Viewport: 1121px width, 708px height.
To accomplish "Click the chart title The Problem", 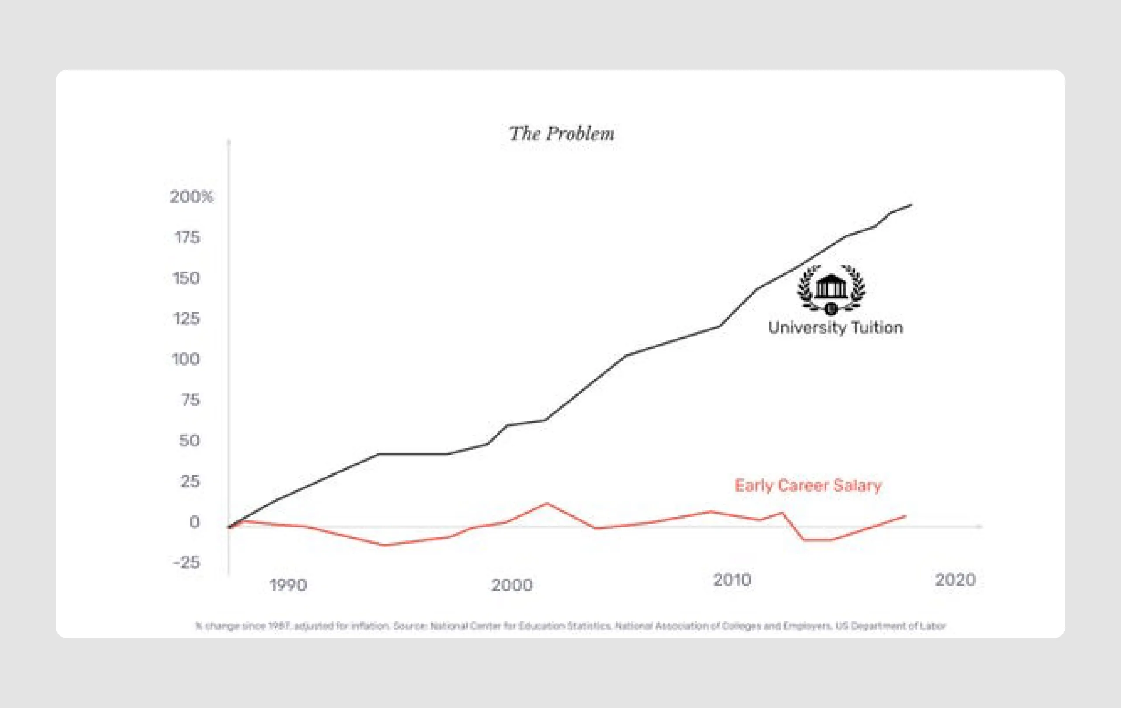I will coord(561,134).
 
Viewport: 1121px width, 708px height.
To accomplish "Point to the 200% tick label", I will coord(191,197).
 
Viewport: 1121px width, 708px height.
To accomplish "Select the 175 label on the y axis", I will coord(187,238).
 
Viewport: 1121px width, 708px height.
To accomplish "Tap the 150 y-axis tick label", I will coord(186,278).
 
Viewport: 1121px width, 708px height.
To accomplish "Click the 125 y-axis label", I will coord(186,319).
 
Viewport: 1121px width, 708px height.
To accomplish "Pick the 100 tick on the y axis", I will coord(186,359).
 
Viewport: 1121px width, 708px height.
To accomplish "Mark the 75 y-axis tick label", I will coord(190,400).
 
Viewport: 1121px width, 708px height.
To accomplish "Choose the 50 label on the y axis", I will coord(190,441).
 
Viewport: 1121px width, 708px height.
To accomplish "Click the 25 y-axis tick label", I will coord(190,481).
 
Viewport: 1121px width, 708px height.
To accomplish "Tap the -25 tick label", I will coord(186,563).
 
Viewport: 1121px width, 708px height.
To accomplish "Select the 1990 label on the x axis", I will coord(288,585).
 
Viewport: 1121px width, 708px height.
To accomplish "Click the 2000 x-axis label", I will coord(511,585).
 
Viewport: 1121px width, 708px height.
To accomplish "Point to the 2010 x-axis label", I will coord(732,580).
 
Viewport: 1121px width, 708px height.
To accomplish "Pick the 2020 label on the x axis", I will coord(955,580).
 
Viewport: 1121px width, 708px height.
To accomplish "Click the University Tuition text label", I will coord(835,328).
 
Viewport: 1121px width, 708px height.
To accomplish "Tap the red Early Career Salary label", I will coord(808,486).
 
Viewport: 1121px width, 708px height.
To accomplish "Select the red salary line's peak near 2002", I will coord(546,503).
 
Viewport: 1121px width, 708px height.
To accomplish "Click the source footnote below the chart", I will coord(570,626).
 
